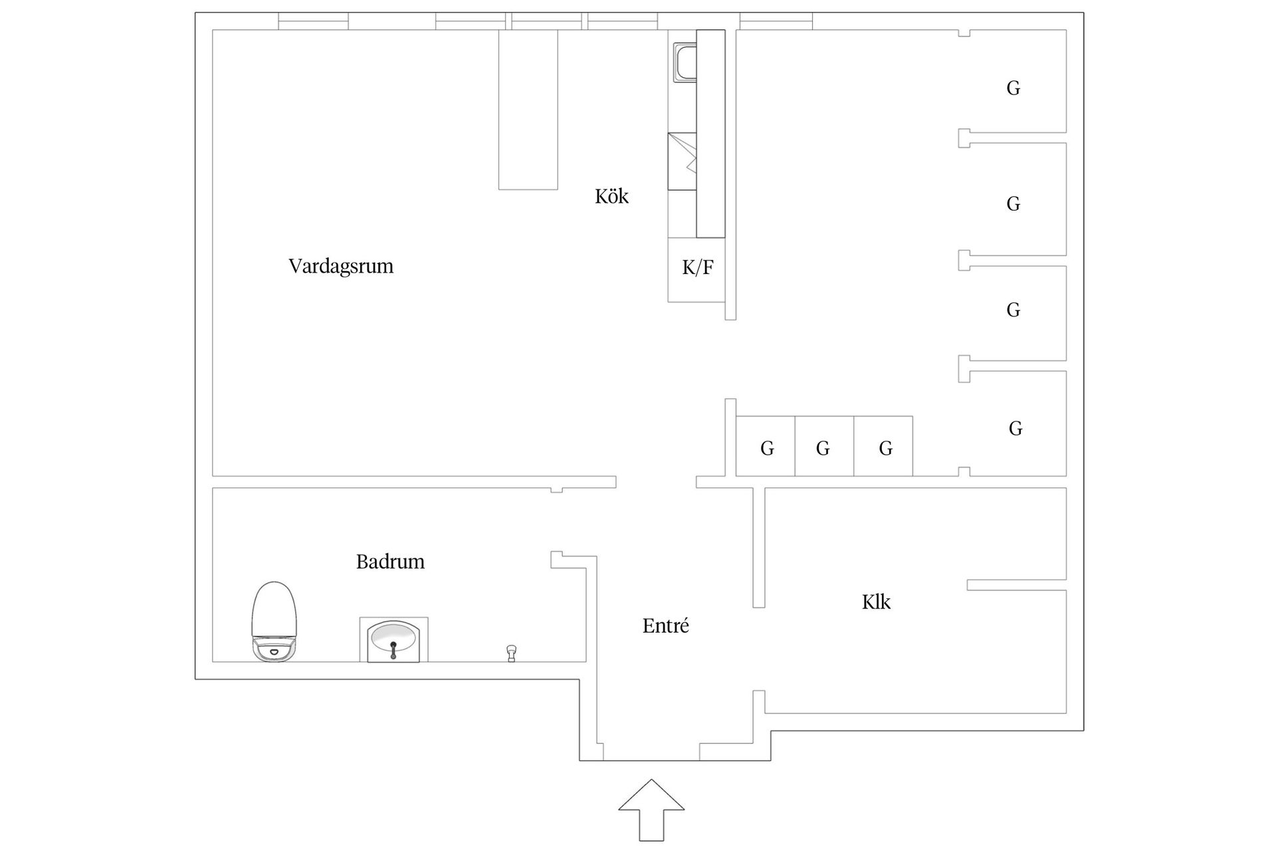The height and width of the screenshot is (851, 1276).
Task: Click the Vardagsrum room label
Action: coord(341,267)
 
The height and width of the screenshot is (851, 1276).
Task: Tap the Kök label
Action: coord(611,197)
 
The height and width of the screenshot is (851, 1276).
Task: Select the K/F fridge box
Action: coord(697,269)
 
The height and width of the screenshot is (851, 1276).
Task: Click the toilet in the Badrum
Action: coord(273,622)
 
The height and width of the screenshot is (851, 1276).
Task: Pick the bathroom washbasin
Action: coord(393,640)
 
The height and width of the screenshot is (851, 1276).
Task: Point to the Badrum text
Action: coord(390,562)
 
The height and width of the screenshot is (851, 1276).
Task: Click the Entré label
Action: coord(665,626)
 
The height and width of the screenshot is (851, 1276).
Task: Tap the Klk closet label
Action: coord(876,602)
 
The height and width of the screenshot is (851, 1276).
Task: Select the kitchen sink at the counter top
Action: coord(685,62)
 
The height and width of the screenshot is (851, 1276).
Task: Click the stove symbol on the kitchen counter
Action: coord(683,162)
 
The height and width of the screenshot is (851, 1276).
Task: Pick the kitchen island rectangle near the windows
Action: coord(528,110)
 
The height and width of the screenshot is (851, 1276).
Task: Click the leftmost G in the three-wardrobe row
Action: coord(767,449)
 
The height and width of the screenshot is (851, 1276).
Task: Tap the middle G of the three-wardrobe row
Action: coord(823,449)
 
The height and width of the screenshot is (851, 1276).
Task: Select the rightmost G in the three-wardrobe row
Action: coord(885,449)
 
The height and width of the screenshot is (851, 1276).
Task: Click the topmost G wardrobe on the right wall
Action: coord(1013,88)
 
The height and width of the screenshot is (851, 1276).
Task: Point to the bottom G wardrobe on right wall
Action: coord(1015,429)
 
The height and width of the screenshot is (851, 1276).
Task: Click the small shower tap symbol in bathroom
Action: coord(511,653)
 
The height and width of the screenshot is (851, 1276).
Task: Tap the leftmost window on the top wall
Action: coord(313,21)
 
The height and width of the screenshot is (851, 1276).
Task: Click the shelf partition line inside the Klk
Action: coord(1015,585)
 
